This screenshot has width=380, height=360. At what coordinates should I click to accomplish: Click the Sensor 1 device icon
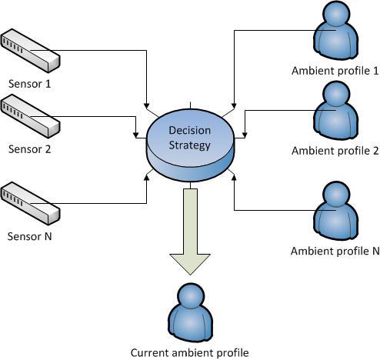[x=30, y=51]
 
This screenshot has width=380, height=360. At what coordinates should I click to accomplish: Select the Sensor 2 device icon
[x=30, y=116]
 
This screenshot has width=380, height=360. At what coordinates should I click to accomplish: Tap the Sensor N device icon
[x=30, y=203]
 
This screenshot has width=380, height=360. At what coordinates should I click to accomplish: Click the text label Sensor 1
[x=29, y=84]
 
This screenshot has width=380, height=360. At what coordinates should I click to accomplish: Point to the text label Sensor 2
[x=29, y=149]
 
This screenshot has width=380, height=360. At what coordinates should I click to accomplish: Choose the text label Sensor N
[x=29, y=236]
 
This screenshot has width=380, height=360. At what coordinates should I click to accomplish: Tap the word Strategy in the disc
[x=190, y=145]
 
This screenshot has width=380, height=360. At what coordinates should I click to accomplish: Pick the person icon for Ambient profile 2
[x=335, y=111]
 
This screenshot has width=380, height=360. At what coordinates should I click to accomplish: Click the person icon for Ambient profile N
[x=335, y=211]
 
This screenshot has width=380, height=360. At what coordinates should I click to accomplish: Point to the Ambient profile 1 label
[x=335, y=71]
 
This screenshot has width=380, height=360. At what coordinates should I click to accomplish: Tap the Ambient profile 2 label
[x=335, y=151]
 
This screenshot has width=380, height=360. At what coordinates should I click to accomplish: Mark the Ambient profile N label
[x=335, y=251]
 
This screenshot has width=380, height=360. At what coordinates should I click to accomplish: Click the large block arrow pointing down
[x=190, y=232]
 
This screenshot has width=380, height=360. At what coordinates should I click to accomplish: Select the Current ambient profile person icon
[x=191, y=312]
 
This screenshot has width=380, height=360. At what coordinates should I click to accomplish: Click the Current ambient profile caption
[x=190, y=353]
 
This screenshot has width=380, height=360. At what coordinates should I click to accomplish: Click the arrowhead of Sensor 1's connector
[x=146, y=106]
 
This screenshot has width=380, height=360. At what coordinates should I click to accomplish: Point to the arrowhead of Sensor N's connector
[x=146, y=178]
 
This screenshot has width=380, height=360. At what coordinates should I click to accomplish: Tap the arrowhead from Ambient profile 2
[x=245, y=135]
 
